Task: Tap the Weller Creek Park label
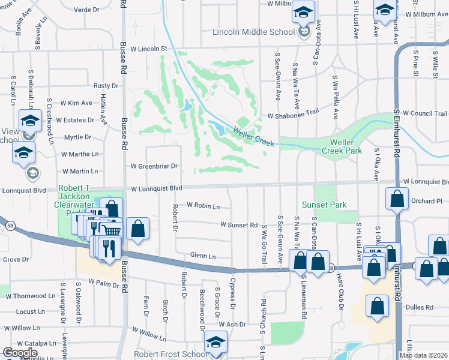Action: [346, 146]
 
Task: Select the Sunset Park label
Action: [324, 205]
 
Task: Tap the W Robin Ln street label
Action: [203, 206]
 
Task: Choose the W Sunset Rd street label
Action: [238, 226]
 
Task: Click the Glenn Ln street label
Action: [202, 256]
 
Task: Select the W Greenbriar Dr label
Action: [155, 166]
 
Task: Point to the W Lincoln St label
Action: [146, 48]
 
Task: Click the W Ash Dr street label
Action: [232, 325]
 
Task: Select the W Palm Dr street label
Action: [104, 281]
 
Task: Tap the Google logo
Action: [20, 353]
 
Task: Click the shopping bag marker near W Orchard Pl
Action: [397, 199]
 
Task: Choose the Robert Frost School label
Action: [170, 354]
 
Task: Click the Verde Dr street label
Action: [86, 10]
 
